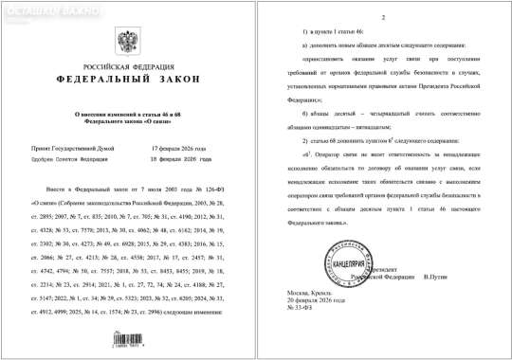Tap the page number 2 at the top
tap(381, 18)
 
